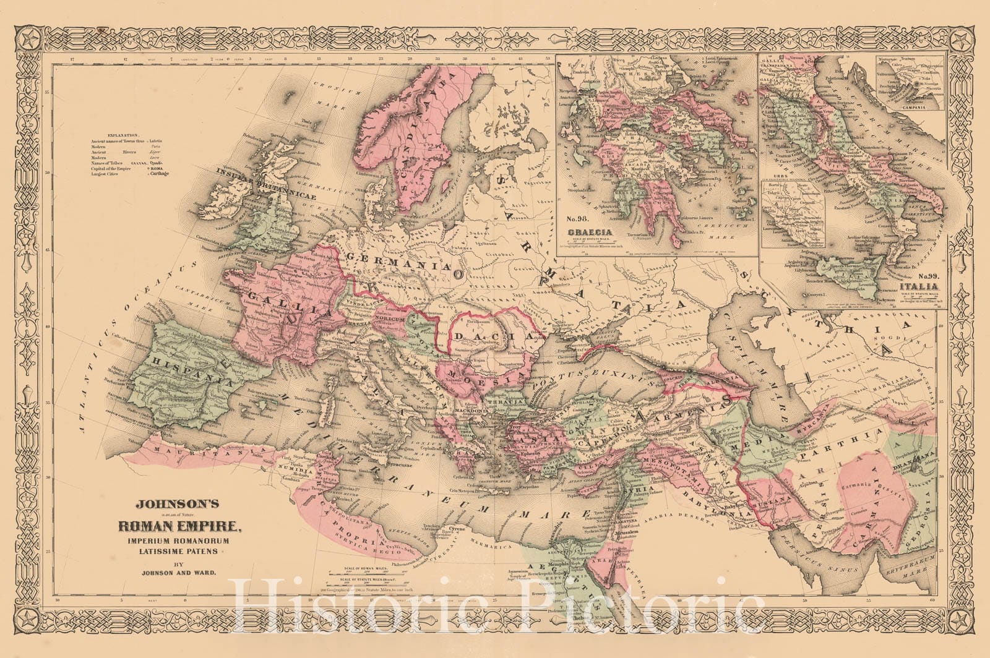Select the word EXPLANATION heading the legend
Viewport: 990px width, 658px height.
pyautogui.click(x=123, y=134)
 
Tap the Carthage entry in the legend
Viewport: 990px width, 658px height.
pyautogui.click(x=157, y=174)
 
